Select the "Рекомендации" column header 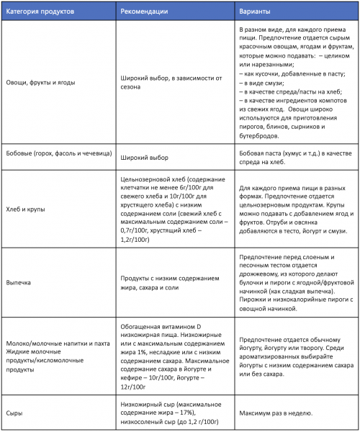click(145, 10)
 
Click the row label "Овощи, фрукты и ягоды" click(43, 83)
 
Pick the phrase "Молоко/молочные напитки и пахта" click(55, 343)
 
